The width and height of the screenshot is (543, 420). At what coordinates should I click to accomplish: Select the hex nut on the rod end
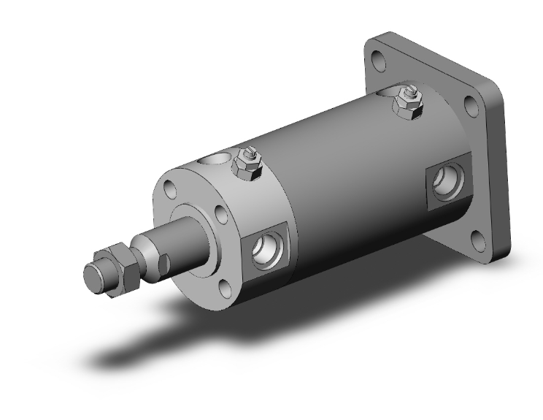click(x=117, y=269)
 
